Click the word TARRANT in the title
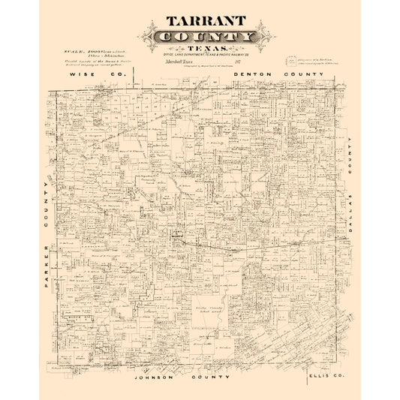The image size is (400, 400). coord(200,22)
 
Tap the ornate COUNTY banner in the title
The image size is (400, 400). coord(200,37)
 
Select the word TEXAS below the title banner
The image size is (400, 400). coord(200,49)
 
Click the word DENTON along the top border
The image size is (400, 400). coord(252,76)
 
